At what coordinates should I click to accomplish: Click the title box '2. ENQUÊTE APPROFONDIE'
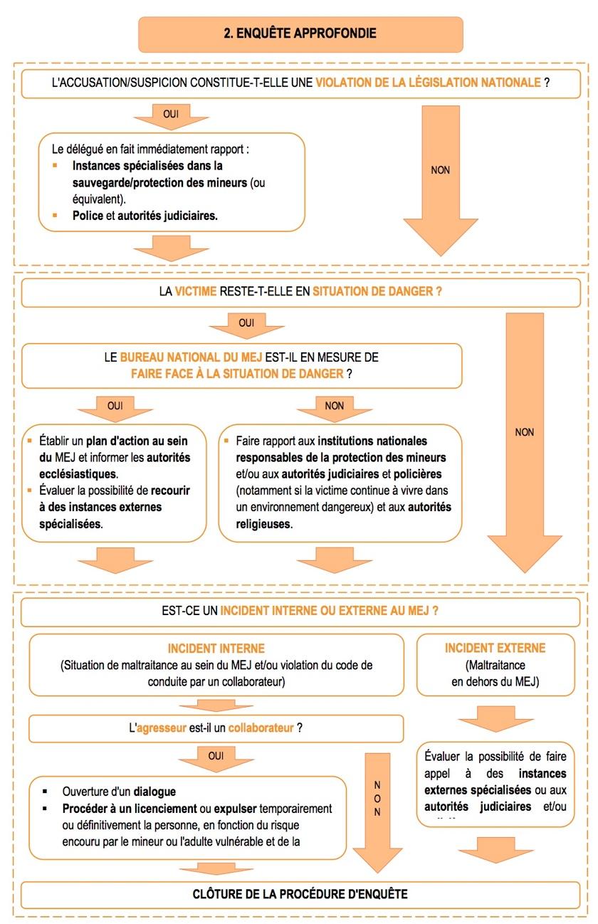point(300,33)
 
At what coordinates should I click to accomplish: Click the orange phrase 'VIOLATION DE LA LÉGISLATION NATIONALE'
point(428,83)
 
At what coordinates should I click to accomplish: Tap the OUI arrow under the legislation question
point(171,115)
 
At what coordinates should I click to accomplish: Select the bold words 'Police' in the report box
point(88,216)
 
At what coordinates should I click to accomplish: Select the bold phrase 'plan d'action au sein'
point(145,441)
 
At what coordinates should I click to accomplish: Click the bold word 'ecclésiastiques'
point(76,473)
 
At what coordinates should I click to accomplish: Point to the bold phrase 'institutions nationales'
point(372,441)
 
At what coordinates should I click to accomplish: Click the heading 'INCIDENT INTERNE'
point(216,649)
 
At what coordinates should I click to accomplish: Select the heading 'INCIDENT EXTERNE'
point(495,649)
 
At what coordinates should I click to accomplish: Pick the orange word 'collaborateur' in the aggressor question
point(256,728)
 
